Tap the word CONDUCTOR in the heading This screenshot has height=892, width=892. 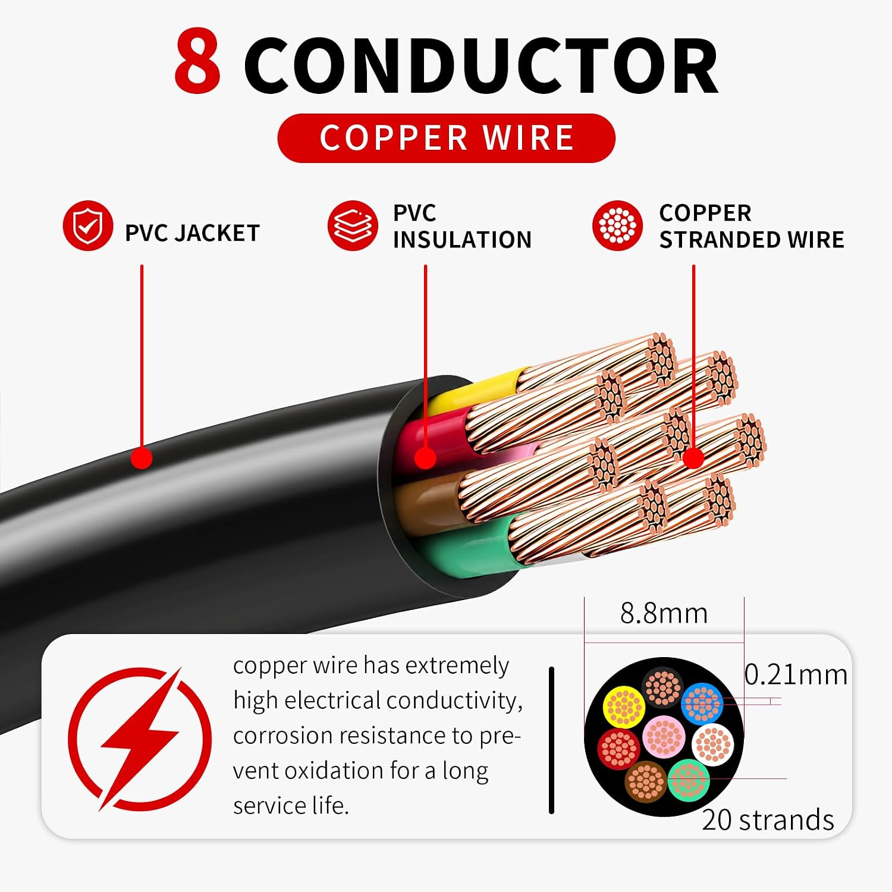click(x=481, y=65)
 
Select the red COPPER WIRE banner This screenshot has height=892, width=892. click(x=446, y=138)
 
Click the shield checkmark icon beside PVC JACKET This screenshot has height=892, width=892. click(x=88, y=226)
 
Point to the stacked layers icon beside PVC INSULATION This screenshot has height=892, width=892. click(x=353, y=226)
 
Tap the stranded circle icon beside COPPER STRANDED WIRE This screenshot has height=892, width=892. click(x=617, y=226)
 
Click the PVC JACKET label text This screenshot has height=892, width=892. click(x=192, y=233)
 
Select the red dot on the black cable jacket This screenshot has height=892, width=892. click(x=142, y=458)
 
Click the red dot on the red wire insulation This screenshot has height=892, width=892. click(x=425, y=458)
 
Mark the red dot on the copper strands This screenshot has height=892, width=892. click(x=693, y=458)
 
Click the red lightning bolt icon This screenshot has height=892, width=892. click(x=140, y=739)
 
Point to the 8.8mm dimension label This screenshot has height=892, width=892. click(x=664, y=613)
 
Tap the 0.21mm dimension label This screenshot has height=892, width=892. click(x=796, y=674)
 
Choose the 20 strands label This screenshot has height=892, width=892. click(x=768, y=819)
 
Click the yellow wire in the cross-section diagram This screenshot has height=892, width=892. click(x=624, y=707)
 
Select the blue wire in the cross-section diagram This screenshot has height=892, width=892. click(x=702, y=703)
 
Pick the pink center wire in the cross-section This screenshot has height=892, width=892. click(x=664, y=736)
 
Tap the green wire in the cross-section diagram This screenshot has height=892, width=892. click(x=689, y=780)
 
